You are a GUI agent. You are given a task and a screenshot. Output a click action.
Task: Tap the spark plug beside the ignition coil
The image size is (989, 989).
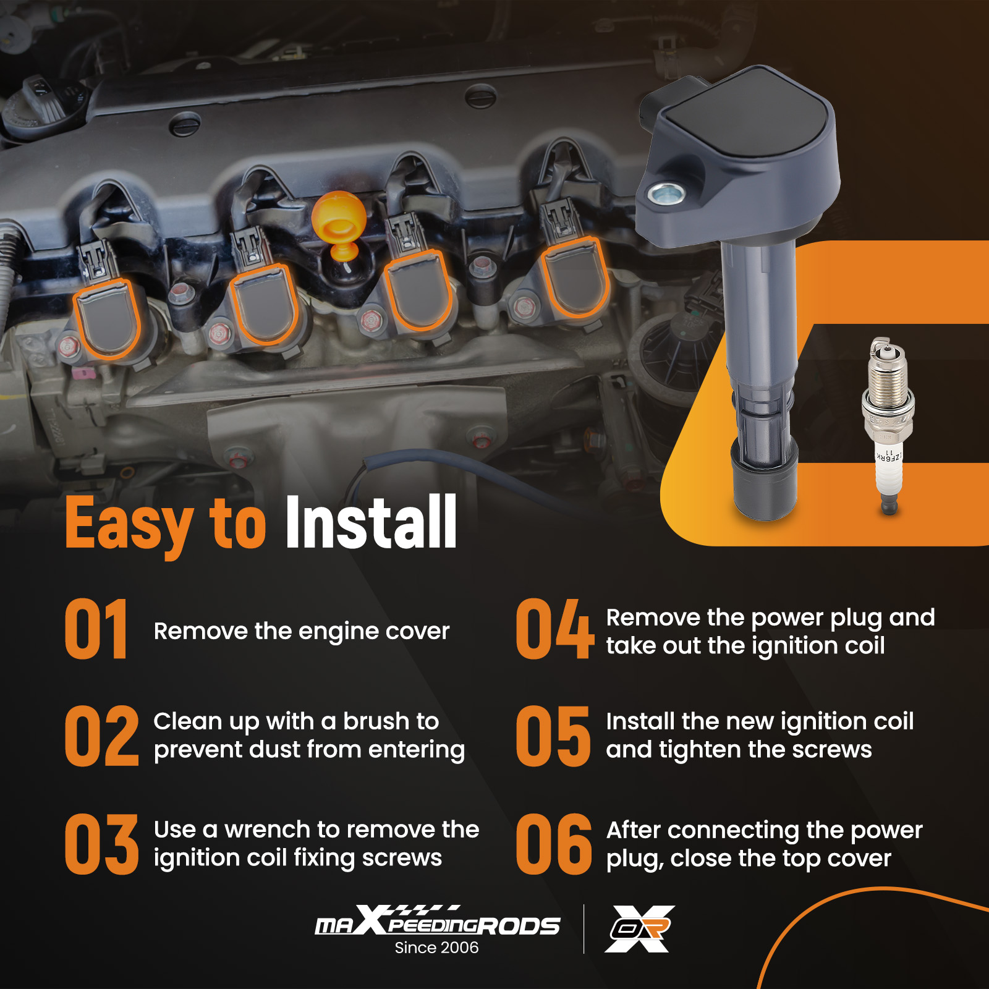(x=888, y=426)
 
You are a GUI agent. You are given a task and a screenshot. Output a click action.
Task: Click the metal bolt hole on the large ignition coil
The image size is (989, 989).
(x=666, y=194)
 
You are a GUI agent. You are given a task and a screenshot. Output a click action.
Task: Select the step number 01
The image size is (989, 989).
(x=96, y=629)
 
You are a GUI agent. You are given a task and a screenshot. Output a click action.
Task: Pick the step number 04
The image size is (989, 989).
(x=554, y=629)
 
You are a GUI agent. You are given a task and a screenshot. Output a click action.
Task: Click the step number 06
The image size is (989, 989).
(x=554, y=844)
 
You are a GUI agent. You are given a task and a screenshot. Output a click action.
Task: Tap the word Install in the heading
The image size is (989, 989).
(x=371, y=522)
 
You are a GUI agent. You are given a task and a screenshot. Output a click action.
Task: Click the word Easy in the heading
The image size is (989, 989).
(x=129, y=524)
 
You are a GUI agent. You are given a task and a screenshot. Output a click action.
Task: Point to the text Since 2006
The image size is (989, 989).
(x=436, y=948)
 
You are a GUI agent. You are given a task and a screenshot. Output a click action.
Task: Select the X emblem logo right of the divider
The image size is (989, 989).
(x=640, y=928)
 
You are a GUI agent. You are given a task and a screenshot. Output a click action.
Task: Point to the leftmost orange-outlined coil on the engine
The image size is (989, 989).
(x=106, y=319)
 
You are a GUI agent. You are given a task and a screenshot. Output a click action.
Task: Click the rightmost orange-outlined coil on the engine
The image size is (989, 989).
(x=575, y=277)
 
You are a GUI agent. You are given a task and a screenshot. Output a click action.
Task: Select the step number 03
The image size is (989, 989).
(x=101, y=844)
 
